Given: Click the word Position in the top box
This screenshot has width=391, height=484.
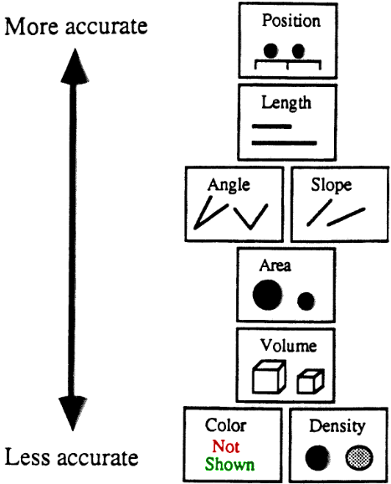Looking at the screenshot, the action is click(291, 22).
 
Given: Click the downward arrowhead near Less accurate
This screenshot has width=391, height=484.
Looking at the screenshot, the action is click(73, 414).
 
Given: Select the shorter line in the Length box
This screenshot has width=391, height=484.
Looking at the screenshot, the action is click(272, 126).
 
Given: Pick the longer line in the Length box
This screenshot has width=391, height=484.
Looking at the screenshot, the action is click(284, 143).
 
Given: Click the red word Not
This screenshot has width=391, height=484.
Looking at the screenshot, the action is click(226, 446).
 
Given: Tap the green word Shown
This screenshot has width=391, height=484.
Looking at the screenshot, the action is click(230, 464).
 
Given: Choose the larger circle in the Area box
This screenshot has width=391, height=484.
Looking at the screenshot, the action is click(267, 295).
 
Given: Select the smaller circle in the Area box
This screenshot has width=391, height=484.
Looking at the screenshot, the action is click(306, 301).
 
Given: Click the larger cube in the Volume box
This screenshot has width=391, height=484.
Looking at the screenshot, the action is click(269, 377).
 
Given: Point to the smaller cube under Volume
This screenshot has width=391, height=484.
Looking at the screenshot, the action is click(311, 381).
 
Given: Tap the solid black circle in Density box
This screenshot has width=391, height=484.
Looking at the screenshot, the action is click(317, 458).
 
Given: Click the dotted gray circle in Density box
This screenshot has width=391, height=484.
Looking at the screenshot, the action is click(359, 458).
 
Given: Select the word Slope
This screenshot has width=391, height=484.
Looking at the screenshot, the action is click(331, 185).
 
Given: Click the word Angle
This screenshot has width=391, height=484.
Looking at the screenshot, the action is click(229, 186).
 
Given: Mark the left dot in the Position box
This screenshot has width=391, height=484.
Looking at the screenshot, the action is click(270, 51).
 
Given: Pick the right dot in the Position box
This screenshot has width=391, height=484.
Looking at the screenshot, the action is click(298, 51).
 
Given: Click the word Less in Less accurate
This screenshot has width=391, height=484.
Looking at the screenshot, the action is click(27, 457).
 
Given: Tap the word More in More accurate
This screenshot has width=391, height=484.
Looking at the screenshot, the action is click(31, 27).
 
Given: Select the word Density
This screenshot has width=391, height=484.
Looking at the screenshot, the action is click(337, 427).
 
